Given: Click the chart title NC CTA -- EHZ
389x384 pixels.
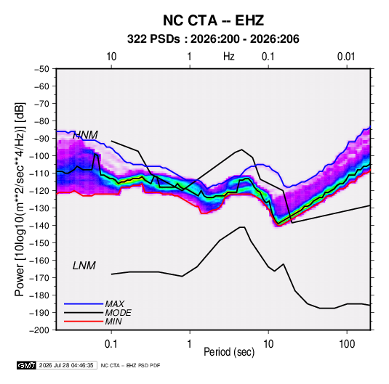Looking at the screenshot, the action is (x=213, y=20).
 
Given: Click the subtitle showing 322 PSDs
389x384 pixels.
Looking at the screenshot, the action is (x=213, y=39).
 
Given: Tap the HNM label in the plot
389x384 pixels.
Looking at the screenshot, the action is (x=85, y=135).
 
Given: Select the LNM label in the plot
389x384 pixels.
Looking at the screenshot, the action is (x=84, y=266).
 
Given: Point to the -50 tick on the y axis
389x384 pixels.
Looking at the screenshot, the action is (x=42, y=69).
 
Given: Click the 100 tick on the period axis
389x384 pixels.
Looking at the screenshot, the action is (x=347, y=344).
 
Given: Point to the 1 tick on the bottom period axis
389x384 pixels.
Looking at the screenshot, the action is (x=190, y=344).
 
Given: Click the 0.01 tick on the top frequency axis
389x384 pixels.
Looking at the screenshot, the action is (x=346, y=57).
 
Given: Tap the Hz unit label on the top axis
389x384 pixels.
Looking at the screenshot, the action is (x=229, y=57).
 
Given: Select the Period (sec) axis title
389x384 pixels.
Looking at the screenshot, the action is (x=229, y=352).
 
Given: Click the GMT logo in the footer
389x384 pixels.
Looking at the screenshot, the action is (x=27, y=365).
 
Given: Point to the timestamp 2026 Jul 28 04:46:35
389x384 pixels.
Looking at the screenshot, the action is (x=66, y=365).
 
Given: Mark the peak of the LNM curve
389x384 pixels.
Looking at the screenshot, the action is (x=242, y=227).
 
